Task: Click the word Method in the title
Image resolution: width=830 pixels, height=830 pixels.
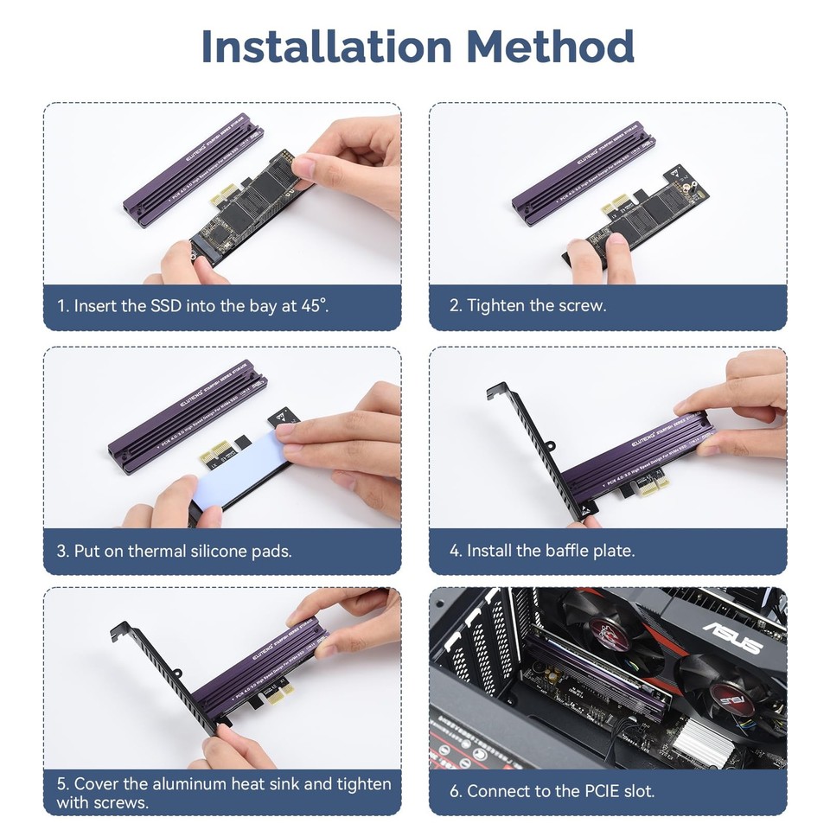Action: pos(552,48)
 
